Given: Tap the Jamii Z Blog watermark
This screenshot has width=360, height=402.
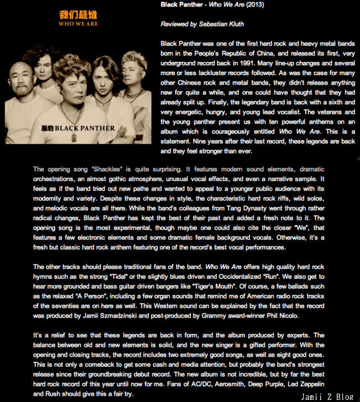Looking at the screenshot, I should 329,396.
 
